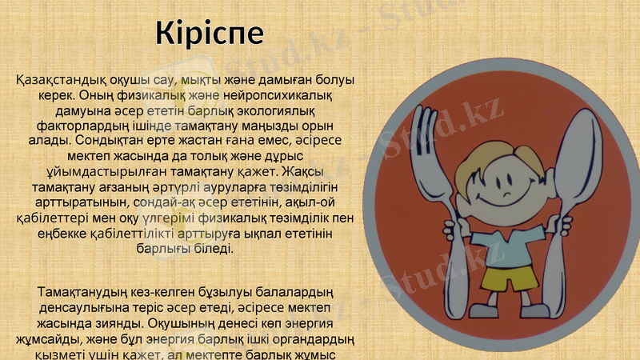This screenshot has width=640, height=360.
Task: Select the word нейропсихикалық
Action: tap(284, 96)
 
